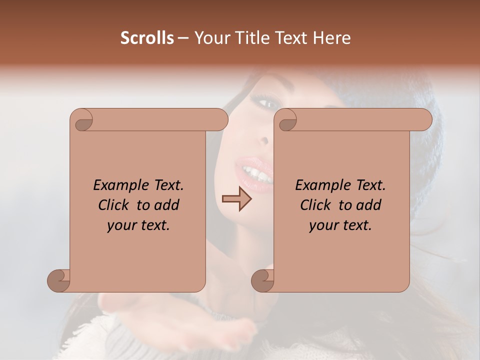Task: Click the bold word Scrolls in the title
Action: [147, 38]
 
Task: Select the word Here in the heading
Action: [332, 38]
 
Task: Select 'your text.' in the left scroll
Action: [138, 225]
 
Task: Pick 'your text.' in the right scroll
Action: [340, 225]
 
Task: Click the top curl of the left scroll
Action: [82, 120]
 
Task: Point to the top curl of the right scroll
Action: [286, 120]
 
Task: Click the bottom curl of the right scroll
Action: [263, 280]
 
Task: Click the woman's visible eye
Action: [267, 104]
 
